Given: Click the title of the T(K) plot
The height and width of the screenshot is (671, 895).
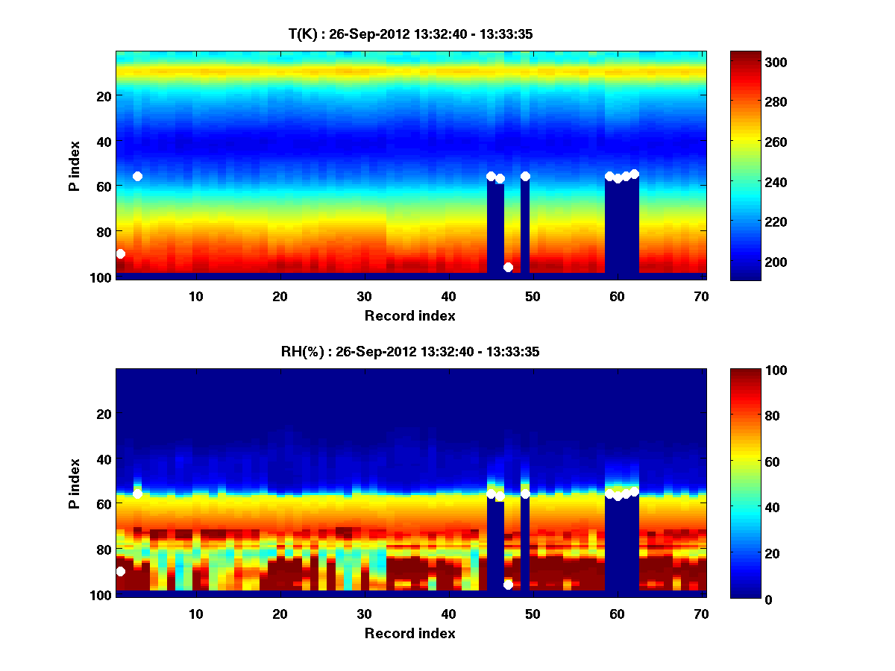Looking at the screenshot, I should pyautogui.click(x=410, y=34).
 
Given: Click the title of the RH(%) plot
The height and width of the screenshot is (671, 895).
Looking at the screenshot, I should pyautogui.click(x=410, y=352).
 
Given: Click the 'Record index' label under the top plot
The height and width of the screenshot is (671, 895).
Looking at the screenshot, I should pyautogui.click(x=410, y=315).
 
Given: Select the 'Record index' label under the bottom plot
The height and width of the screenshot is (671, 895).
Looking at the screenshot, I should pyautogui.click(x=410, y=633).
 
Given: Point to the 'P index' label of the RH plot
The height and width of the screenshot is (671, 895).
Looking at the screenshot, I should pyautogui.click(x=75, y=483).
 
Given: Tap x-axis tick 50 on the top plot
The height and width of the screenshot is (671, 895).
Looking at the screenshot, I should pyautogui.click(x=533, y=296).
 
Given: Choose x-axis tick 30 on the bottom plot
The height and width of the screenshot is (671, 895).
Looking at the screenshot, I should pyautogui.click(x=364, y=614).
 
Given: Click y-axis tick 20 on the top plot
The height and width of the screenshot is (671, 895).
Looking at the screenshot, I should pyautogui.click(x=103, y=96).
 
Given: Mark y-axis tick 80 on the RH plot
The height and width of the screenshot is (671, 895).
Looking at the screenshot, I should pyautogui.click(x=103, y=549).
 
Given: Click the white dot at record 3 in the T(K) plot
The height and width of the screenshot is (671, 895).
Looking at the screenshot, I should pyautogui.click(x=137, y=176).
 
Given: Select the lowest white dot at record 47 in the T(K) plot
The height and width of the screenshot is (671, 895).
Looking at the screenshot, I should pyautogui.click(x=508, y=267).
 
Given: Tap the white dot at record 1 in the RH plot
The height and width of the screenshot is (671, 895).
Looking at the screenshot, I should pyautogui.click(x=121, y=571).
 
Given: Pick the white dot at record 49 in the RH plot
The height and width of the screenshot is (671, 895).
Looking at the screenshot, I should pyautogui.click(x=525, y=494).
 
